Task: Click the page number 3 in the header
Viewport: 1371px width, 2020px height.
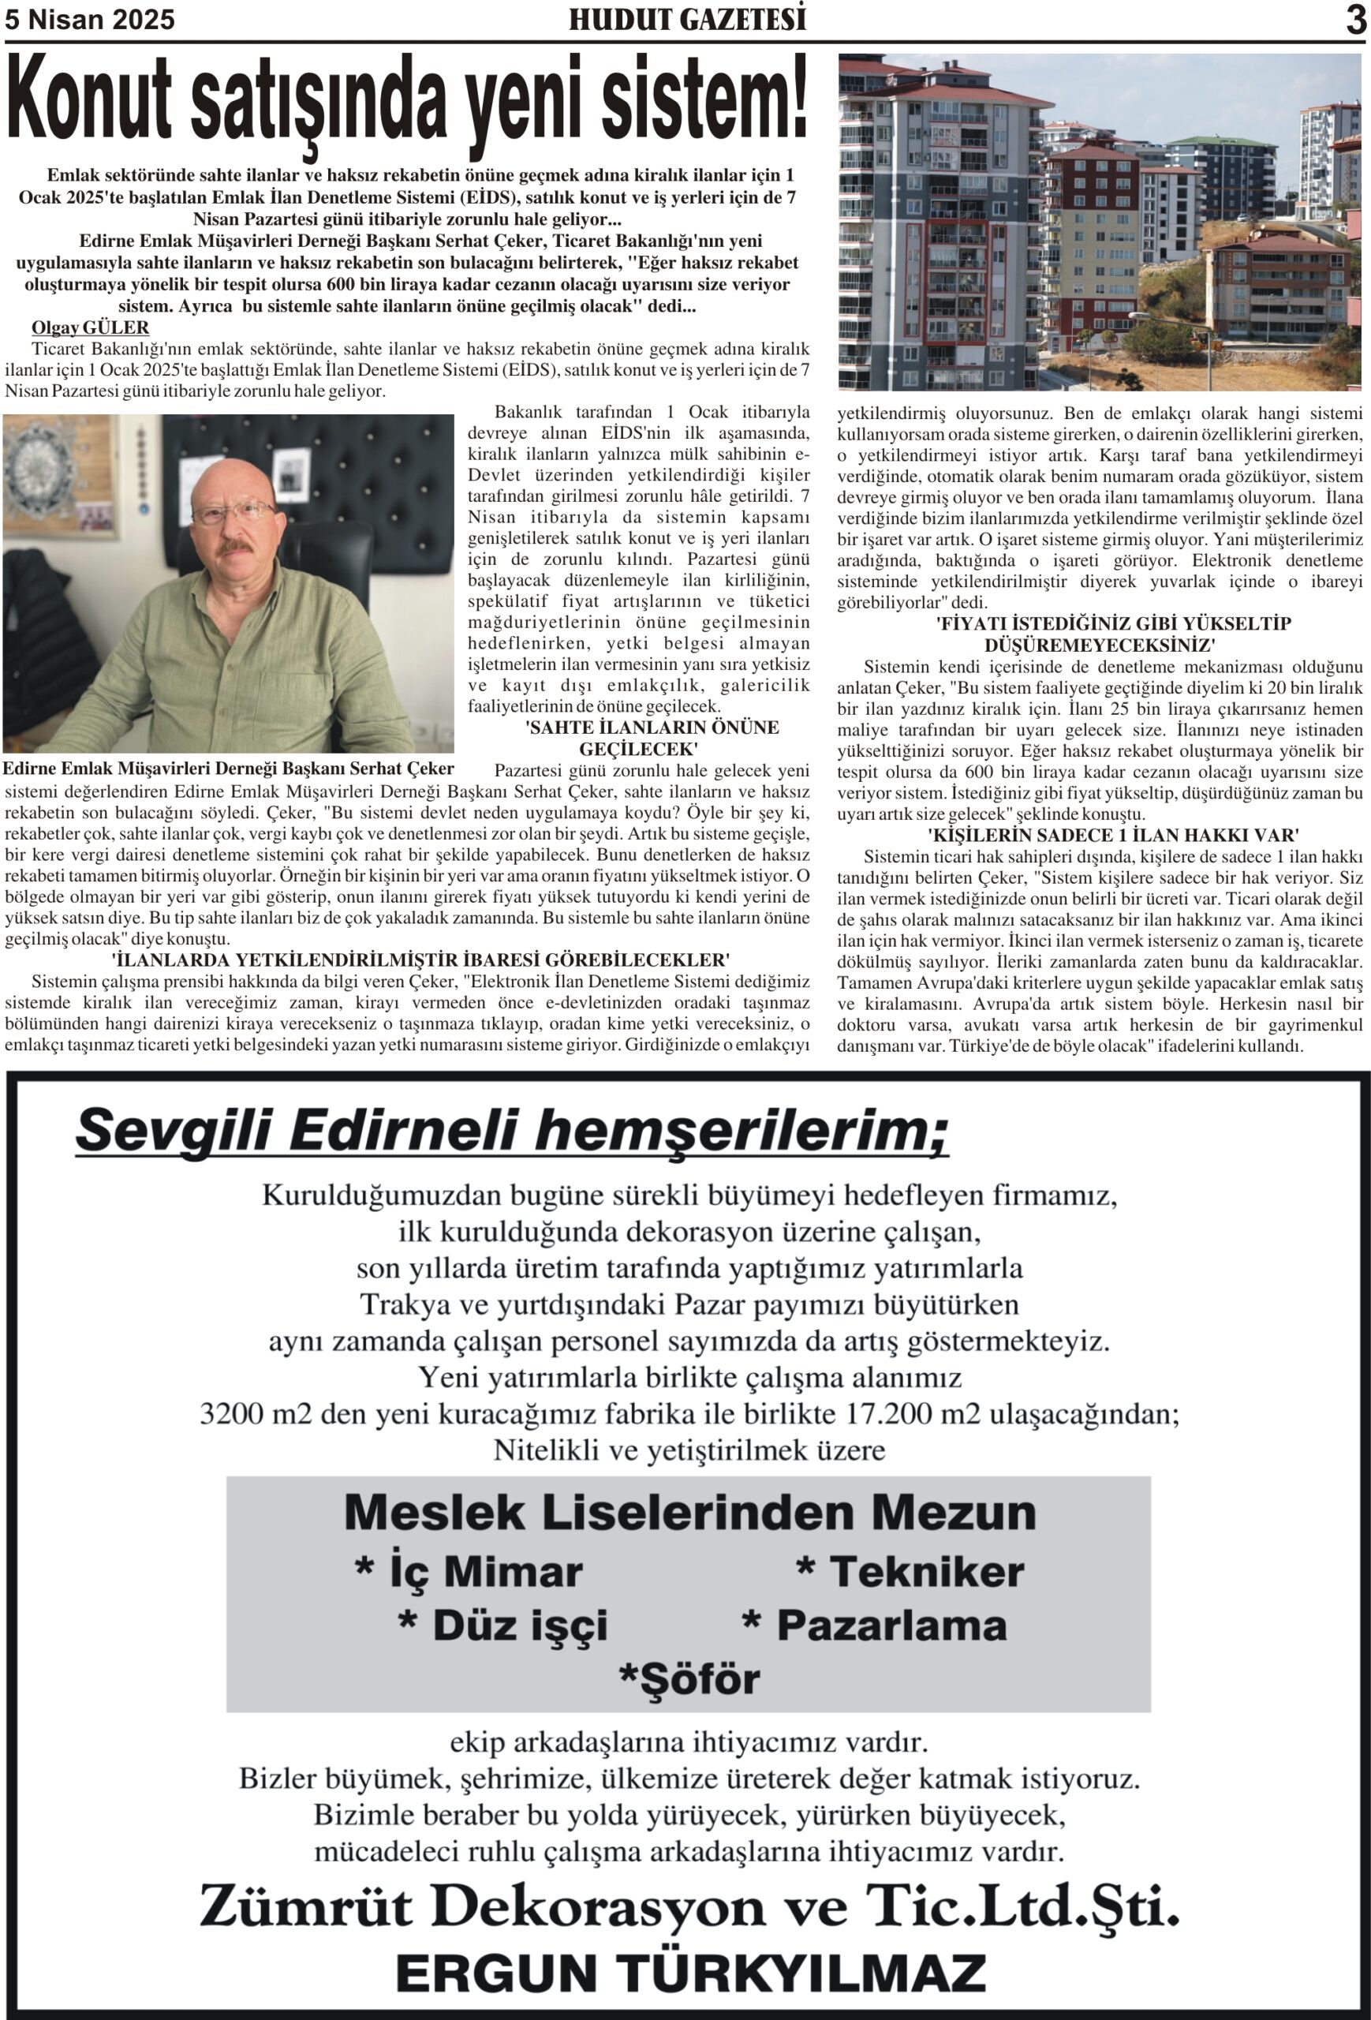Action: (1354, 19)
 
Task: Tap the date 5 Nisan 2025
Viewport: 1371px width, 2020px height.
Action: (89, 20)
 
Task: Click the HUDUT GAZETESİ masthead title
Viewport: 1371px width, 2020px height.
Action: (687, 19)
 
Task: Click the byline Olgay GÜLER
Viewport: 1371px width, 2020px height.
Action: (91, 327)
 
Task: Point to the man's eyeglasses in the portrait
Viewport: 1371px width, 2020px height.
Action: (233, 512)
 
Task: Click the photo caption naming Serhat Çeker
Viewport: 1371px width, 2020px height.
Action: (229, 769)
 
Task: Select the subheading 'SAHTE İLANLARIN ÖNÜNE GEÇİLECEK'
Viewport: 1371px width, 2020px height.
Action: (651, 738)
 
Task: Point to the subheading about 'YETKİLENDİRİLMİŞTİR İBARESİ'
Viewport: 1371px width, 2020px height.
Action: (420, 959)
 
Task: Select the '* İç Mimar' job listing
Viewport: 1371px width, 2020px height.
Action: (469, 1572)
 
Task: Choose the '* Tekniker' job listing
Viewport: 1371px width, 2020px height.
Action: (910, 1572)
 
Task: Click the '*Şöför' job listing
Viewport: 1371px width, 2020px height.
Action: (689, 1678)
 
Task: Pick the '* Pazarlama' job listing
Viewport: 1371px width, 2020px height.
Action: (874, 1625)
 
